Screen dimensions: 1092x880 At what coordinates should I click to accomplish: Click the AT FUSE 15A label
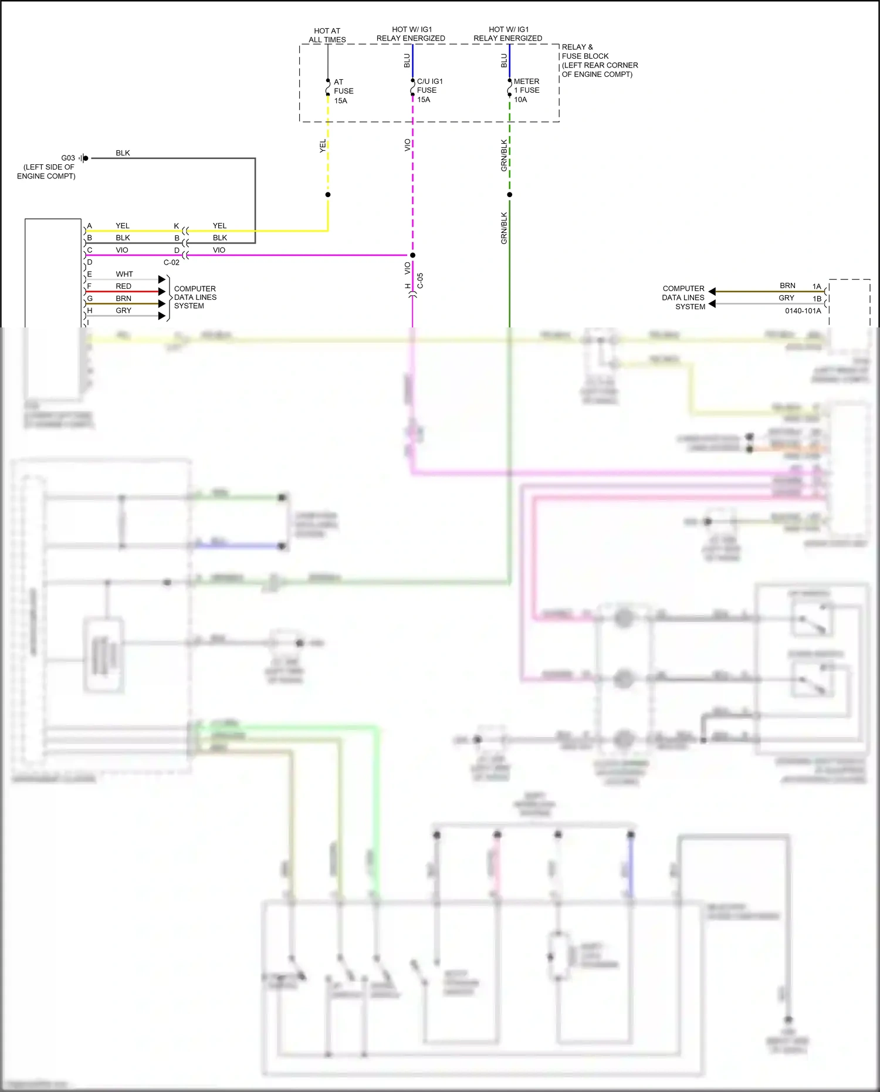[343, 91]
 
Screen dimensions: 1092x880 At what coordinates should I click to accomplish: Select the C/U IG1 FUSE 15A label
[429, 90]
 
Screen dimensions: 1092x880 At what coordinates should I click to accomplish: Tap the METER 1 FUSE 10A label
[526, 90]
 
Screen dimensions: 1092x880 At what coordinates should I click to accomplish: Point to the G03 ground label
[68, 158]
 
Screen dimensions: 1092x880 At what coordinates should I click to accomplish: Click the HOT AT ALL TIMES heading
[327, 35]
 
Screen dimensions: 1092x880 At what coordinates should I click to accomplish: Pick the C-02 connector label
[171, 262]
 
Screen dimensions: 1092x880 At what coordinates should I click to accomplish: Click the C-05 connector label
[420, 280]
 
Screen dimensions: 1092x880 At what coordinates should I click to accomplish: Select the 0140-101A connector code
[803, 310]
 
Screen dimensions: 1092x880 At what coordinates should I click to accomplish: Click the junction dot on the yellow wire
[328, 195]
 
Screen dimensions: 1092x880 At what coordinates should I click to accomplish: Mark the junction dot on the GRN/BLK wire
[509, 195]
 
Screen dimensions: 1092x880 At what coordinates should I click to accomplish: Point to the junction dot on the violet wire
[412, 255]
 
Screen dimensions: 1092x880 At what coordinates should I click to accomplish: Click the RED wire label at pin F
[123, 286]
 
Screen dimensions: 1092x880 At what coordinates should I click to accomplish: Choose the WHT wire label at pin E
[124, 274]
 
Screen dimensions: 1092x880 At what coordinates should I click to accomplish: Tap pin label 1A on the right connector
[817, 286]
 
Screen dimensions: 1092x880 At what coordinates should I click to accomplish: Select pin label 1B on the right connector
[817, 299]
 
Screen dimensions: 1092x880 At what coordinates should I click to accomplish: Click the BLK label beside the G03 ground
[123, 153]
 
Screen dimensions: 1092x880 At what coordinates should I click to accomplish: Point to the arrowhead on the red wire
[162, 292]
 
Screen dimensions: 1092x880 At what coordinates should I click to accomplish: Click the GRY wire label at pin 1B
[786, 298]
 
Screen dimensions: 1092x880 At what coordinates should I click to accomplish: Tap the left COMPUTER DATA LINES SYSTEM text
[195, 297]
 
